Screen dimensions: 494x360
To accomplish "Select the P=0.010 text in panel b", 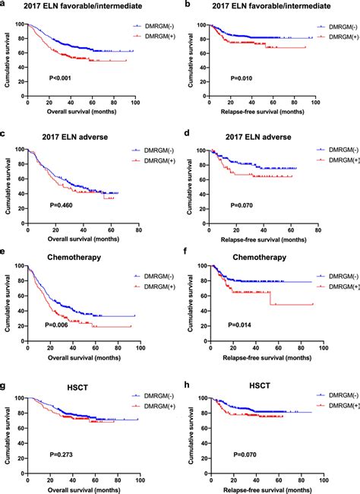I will [242, 78].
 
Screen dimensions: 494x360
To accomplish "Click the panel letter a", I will [5, 5].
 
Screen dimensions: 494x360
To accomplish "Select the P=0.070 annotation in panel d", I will [242, 204].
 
